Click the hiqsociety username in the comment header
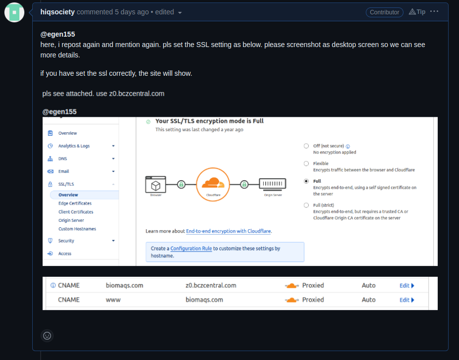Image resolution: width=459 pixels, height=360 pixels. (57, 12)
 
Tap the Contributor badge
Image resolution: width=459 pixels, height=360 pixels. (384, 12)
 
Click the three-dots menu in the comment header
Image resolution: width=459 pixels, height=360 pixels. (434, 11)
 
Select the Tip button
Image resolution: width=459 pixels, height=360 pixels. (417, 12)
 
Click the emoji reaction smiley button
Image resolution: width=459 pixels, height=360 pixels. (47, 335)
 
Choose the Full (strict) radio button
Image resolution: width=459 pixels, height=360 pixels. (306, 205)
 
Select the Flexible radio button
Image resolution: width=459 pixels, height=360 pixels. (306, 163)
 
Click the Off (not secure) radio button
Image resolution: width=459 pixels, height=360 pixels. (306, 146)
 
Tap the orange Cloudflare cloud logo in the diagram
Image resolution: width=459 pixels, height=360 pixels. (213, 184)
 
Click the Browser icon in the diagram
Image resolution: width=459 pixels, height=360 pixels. (155, 185)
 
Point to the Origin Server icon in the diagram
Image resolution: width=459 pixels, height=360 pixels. (273, 184)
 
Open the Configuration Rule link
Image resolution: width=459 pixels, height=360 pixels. (191, 249)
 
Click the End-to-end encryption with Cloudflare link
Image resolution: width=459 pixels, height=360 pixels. (229, 231)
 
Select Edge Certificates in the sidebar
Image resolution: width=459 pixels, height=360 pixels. (75, 204)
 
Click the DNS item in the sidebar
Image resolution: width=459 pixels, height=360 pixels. (62, 159)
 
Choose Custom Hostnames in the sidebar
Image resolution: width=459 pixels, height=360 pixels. (77, 229)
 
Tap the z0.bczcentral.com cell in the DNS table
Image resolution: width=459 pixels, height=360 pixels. (211, 286)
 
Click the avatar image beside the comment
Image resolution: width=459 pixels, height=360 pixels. (14, 12)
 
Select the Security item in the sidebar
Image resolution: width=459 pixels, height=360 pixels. (66, 241)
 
